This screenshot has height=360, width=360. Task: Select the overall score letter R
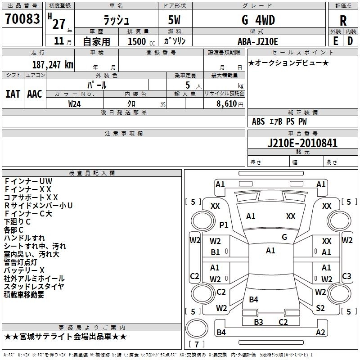click(343, 21)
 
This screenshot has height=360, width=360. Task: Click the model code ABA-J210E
click(258, 41)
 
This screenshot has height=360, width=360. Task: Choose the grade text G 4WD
click(258, 21)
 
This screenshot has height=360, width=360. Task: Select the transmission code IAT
click(13, 94)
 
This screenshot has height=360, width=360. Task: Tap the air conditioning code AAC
click(34, 94)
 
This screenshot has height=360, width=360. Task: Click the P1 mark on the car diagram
click(224, 225)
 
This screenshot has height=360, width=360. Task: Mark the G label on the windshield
click(284, 237)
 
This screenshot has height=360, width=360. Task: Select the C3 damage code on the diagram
click(346, 276)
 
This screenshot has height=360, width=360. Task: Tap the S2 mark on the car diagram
click(320, 308)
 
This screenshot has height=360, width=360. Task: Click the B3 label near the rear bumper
click(258, 322)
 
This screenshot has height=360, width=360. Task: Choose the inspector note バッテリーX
click(24, 270)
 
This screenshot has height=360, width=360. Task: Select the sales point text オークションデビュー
click(288, 63)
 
